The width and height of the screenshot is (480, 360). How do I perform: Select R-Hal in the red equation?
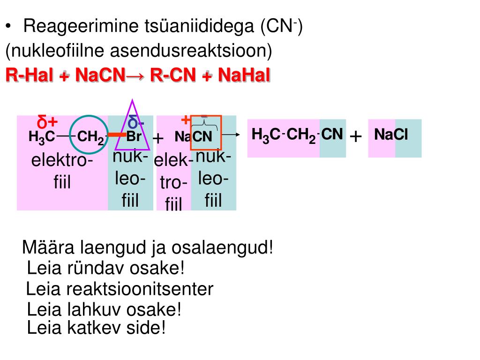tap(29, 75)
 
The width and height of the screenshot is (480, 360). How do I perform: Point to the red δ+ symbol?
tap(47, 123)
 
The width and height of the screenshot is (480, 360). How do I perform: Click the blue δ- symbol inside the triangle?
tap(136, 123)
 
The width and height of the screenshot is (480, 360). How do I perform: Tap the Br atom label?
tap(134, 137)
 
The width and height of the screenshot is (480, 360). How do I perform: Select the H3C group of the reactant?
tap(42, 137)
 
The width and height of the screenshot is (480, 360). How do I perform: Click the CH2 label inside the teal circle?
tap(90, 137)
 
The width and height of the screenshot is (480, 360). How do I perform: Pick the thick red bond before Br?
tap(117, 135)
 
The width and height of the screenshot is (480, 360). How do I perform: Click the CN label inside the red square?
tap(202, 137)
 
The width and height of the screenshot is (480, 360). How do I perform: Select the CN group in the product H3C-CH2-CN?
tap(332, 135)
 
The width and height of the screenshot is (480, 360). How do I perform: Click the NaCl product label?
tap(391, 135)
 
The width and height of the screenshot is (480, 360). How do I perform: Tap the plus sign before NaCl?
tap(356, 137)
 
